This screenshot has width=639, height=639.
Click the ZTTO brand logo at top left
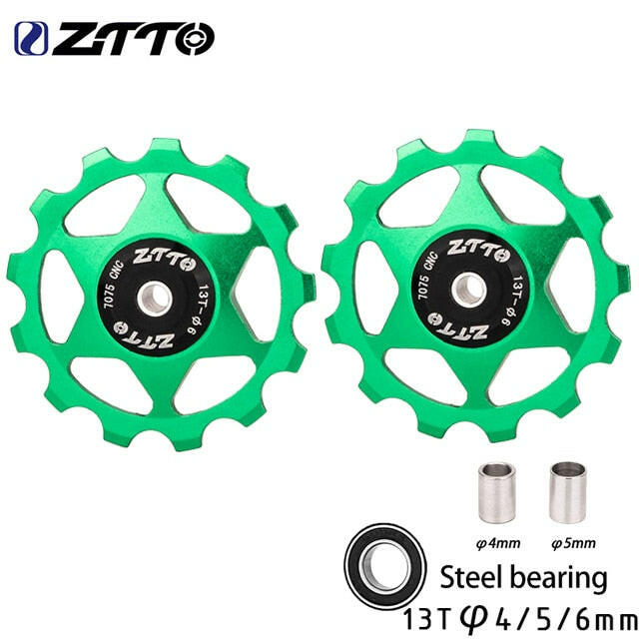pyautogui.click(x=115, y=39)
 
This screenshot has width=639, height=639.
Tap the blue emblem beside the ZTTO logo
pyautogui.click(x=31, y=39)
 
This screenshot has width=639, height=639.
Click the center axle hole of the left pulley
pyautogui.click(x=155, y=299)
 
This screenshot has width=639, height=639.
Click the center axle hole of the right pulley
pyautogui.click(x=468, y=291)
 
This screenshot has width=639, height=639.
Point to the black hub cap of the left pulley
pyautogui.click(x=156, y=299)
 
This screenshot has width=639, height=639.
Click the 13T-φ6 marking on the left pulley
pyautogui.click(x=197, y=310)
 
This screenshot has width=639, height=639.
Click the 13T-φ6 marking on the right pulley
pyautogui.click(x=512, y=301)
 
